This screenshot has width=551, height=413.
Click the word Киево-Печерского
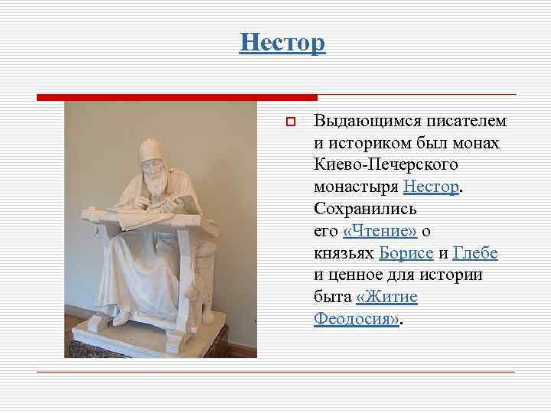click(x=386, y=164)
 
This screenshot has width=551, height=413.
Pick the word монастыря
click(x=356, y=187)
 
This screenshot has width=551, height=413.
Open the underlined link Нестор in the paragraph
click(x=431, y=187)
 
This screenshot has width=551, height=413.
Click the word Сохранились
click(x=364, y=209)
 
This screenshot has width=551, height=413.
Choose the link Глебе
click(x=475, y=252)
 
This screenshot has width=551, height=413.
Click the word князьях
click(x=344, y=252)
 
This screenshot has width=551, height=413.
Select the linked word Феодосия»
click(x=357, y=317)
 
